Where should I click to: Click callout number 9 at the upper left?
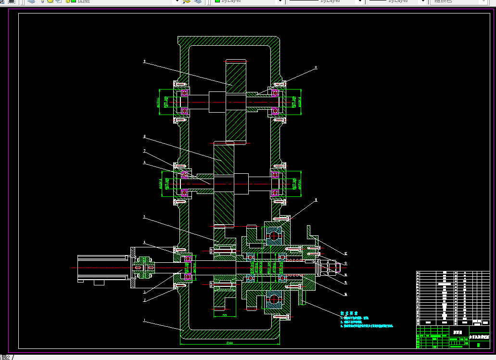coord(144,62)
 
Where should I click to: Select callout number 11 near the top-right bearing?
coord(316,68)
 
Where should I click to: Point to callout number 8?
coord(144,137)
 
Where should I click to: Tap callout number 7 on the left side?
coord(144,151)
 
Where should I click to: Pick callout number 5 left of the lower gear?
coord(144,217)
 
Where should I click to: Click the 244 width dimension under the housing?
coord(229,343)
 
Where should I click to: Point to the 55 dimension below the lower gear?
coord(225,315)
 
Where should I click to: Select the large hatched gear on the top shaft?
coord(236,101)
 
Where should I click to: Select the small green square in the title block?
coord(478,332)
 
